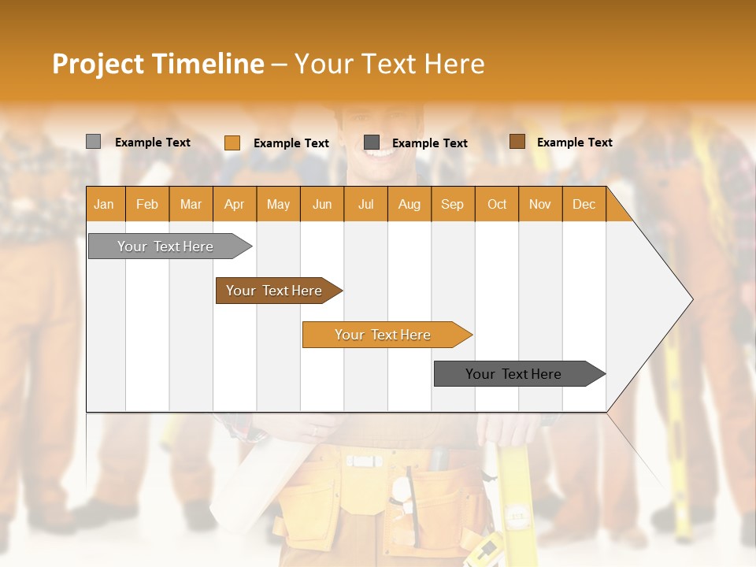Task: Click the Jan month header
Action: tap(104, 205)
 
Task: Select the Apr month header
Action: tap(234, 205)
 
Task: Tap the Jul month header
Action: tap(365, 205)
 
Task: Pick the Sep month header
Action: tap(452, 205)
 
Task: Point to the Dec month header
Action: tap(584, 205)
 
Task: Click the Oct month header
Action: tap(497, 205)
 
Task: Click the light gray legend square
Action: tap(93, 142)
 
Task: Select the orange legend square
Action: tap(232, 143)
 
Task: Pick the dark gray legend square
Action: tap(372, 143)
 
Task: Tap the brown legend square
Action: tap(517, 142)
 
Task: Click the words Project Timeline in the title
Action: tap(157, 64)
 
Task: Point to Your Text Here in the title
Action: tap(389, 64)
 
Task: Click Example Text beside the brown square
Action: tap(574, 143)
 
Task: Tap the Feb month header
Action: tap(147, 205)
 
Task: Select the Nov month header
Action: tap(540, 205)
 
